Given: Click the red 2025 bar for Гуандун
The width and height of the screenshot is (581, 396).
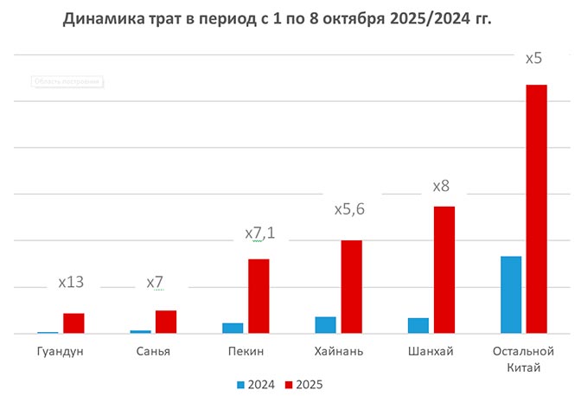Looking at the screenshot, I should click(73, 323).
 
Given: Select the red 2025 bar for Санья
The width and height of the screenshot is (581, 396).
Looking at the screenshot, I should click(166, 322).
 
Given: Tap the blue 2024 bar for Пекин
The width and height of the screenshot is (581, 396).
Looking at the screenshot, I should click(233, 328).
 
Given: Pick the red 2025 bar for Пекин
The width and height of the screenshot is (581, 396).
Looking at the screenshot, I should click(259, 296).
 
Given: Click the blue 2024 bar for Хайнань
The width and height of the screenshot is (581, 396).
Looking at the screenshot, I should click(325, 324).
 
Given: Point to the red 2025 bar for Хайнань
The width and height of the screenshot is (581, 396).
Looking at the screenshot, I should click(351, 286).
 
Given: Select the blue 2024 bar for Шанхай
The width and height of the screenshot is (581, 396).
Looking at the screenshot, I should click(418, 325).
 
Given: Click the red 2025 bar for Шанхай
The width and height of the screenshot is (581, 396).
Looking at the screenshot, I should click(444, 270).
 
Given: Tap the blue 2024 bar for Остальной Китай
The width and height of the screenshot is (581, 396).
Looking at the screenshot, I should click(511, 294).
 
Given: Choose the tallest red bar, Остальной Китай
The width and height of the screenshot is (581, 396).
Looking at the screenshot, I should click(537, 208).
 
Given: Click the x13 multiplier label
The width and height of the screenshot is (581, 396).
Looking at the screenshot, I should click(70, 282).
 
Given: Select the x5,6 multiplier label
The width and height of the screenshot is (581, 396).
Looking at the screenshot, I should click(351, 209).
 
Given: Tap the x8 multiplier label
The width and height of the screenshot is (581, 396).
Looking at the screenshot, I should click(441, 186).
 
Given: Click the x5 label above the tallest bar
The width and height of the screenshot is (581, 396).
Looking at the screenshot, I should click(534, 59).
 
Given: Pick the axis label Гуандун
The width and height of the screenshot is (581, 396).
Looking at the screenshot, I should click(61, 352).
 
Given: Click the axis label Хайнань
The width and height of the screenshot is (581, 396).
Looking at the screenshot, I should click(339, 352).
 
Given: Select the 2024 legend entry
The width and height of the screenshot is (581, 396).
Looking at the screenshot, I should click(255, 383).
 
